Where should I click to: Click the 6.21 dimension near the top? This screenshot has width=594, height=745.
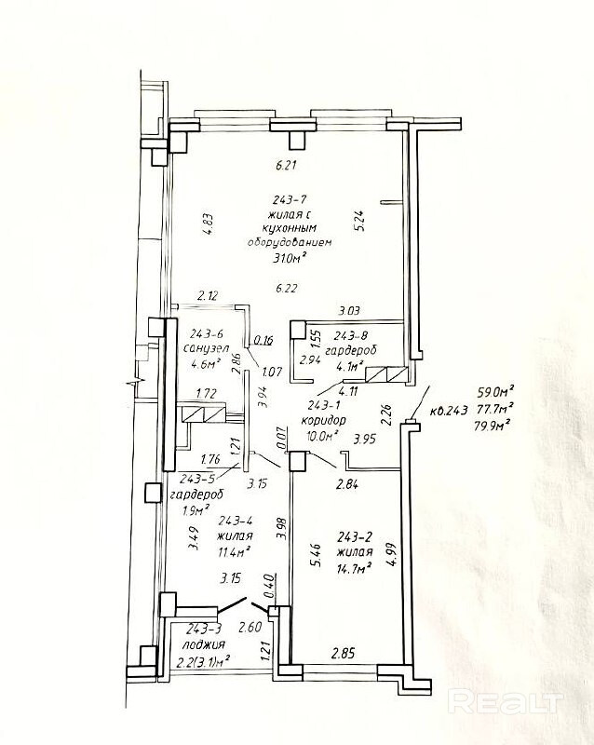point(286,166)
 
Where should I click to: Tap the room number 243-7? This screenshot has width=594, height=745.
point(290,198)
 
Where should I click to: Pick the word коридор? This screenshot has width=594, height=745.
point(323,421)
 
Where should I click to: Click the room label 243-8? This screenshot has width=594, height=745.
point(351,336)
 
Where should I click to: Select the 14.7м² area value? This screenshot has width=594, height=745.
point(354,567)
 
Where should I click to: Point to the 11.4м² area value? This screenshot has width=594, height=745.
point(234,551)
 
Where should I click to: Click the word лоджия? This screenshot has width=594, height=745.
point(203,644)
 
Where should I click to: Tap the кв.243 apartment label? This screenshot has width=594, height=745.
point(449,410)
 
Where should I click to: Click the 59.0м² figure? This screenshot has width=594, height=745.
point(496,392)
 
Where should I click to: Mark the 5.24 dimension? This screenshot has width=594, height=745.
point(359,221)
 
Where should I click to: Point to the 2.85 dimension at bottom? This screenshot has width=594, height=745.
point(343,654)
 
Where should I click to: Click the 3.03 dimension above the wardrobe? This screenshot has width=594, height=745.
point(349,311)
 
